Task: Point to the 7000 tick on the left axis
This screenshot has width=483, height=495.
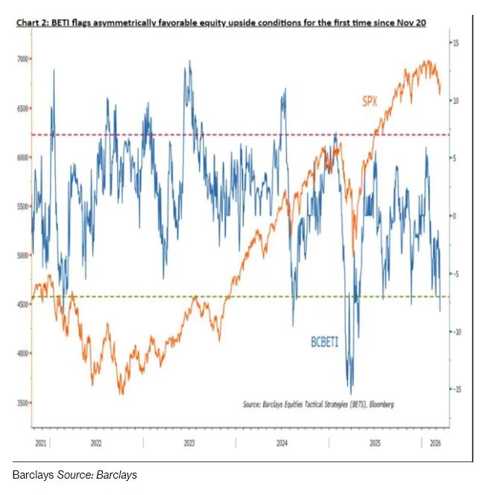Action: click(x=22, y=58)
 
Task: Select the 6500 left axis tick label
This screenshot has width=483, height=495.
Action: click(x=22, y=108)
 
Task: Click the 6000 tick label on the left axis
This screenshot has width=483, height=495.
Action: click(x=22, y=157)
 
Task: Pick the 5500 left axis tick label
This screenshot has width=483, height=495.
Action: click(x=22, y=206)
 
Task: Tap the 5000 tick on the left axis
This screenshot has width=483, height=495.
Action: click(x=22, y=256)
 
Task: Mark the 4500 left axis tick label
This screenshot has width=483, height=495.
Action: click(x=22, y=304)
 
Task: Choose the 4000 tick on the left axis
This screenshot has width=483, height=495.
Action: click(x=22, y=353)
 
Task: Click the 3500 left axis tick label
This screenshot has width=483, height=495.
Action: click(x=22, y=403)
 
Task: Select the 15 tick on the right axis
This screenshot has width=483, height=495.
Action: click(x=455, y=43)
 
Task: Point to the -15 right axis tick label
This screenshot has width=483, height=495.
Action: click(x=455, y=389)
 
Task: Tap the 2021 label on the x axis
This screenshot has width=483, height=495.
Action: click(x=42, y=443)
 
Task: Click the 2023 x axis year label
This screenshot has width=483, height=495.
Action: click(x=189, y=443)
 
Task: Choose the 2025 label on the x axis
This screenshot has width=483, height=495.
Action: click(x=376, y=443)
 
